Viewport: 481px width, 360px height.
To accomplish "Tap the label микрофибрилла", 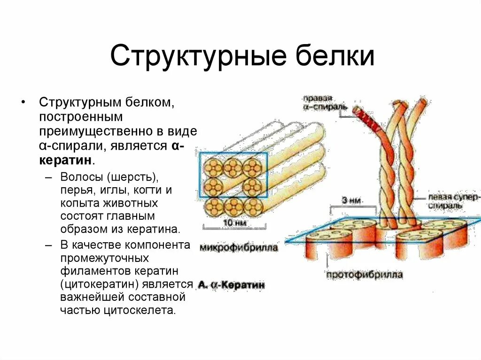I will [x=239, y=247].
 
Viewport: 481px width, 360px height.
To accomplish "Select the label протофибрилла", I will [x=365, y=275].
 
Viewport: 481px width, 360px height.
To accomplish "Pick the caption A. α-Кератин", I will [x=231, y=285].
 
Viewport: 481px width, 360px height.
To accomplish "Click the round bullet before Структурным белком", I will [x=23, y=102].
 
